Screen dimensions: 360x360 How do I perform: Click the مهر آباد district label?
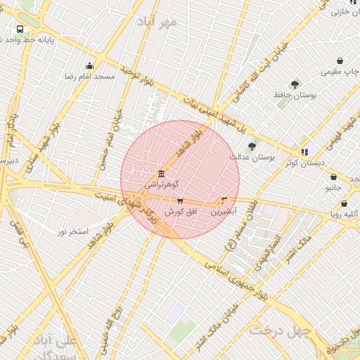pos(160,22)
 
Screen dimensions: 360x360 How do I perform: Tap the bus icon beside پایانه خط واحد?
pos(20,30)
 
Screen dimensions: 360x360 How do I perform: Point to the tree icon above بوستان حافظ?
pos(294,84)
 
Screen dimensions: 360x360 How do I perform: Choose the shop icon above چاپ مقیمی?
pos(340,61)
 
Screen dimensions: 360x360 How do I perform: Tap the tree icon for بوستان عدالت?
pos(252,146)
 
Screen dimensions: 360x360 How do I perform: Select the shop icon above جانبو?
pos(333,177)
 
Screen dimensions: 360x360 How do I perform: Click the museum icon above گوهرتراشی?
pos(162,173)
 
